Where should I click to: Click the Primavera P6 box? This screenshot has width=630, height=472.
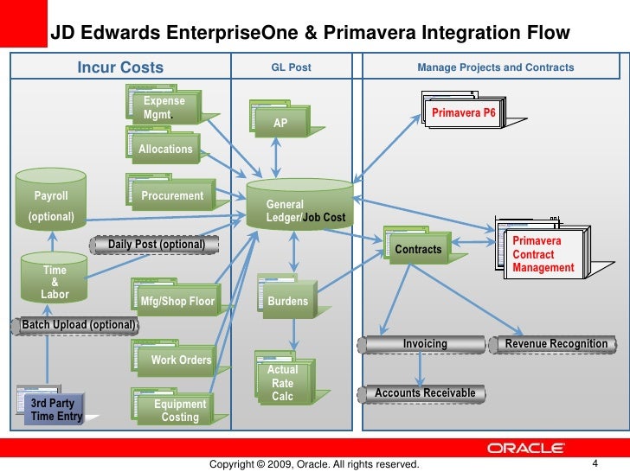(x=463, y=112)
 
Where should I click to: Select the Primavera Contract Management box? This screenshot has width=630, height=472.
(x=543, y=255)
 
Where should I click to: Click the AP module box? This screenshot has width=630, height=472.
(x=280, y=123)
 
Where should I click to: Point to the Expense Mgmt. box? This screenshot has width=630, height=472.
(x=164, y=108)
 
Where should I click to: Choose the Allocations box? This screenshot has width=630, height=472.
(x=165, y=149)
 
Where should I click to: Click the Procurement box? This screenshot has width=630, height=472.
(x=172, y=196)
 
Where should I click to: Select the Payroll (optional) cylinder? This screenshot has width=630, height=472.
(x=51, y=205)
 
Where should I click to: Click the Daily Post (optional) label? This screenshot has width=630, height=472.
(x=156, y=245)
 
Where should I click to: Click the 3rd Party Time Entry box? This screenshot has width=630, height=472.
(x=55, y=409)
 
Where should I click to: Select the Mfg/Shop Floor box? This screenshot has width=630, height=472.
(x=172, y=301)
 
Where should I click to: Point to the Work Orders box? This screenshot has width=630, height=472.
(x=179, y=360)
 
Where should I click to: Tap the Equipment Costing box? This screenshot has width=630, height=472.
(x=179, y=411)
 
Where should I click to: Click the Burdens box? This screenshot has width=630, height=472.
(x=287, y=301)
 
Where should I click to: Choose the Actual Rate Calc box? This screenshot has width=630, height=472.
(x=283, y=383)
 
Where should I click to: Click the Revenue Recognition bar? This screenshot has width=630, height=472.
(x=556, y=344)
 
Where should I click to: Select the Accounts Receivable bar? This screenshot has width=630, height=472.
(x=425, y=393)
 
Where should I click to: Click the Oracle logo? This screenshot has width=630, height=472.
(x=527, y=448)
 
